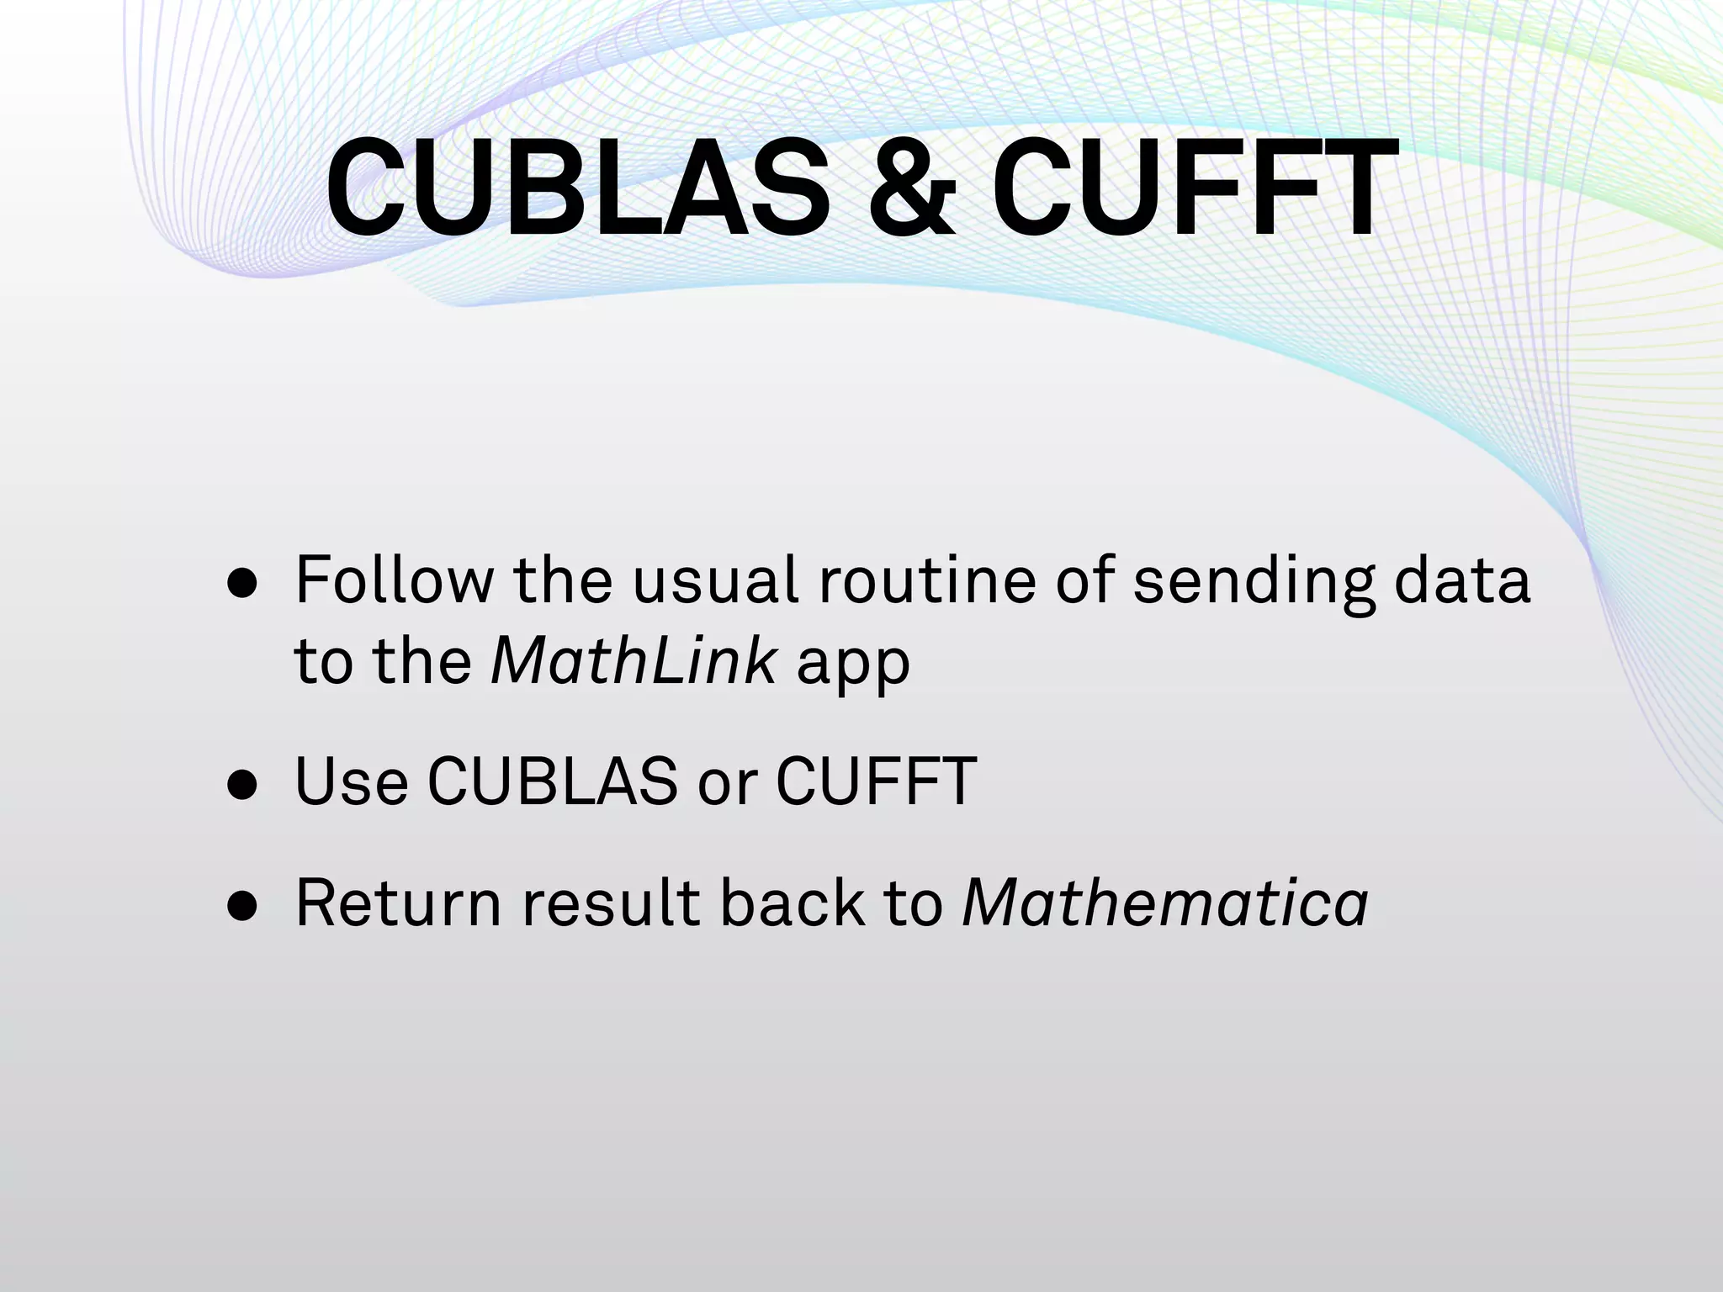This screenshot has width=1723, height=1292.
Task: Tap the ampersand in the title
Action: pyautogui.click(x=911, y=189)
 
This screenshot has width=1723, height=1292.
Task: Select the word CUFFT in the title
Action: pyautogui.click(x=1195, y=189)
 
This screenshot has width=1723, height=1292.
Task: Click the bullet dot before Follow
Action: pyautogui.click(x=242, y=585)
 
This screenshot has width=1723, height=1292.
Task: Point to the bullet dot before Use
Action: pyautogui.click(x=242, y=785)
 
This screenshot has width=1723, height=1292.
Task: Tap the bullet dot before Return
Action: pyautogui.click(x=242, y=907)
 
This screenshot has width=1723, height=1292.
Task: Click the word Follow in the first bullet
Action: pyautogui.click(x=395, y=580)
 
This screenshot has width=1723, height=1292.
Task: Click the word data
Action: pyautogui.click(x=1462, y=580)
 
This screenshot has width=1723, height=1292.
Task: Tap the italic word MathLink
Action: pyautogui.click(x=634, y=661)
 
